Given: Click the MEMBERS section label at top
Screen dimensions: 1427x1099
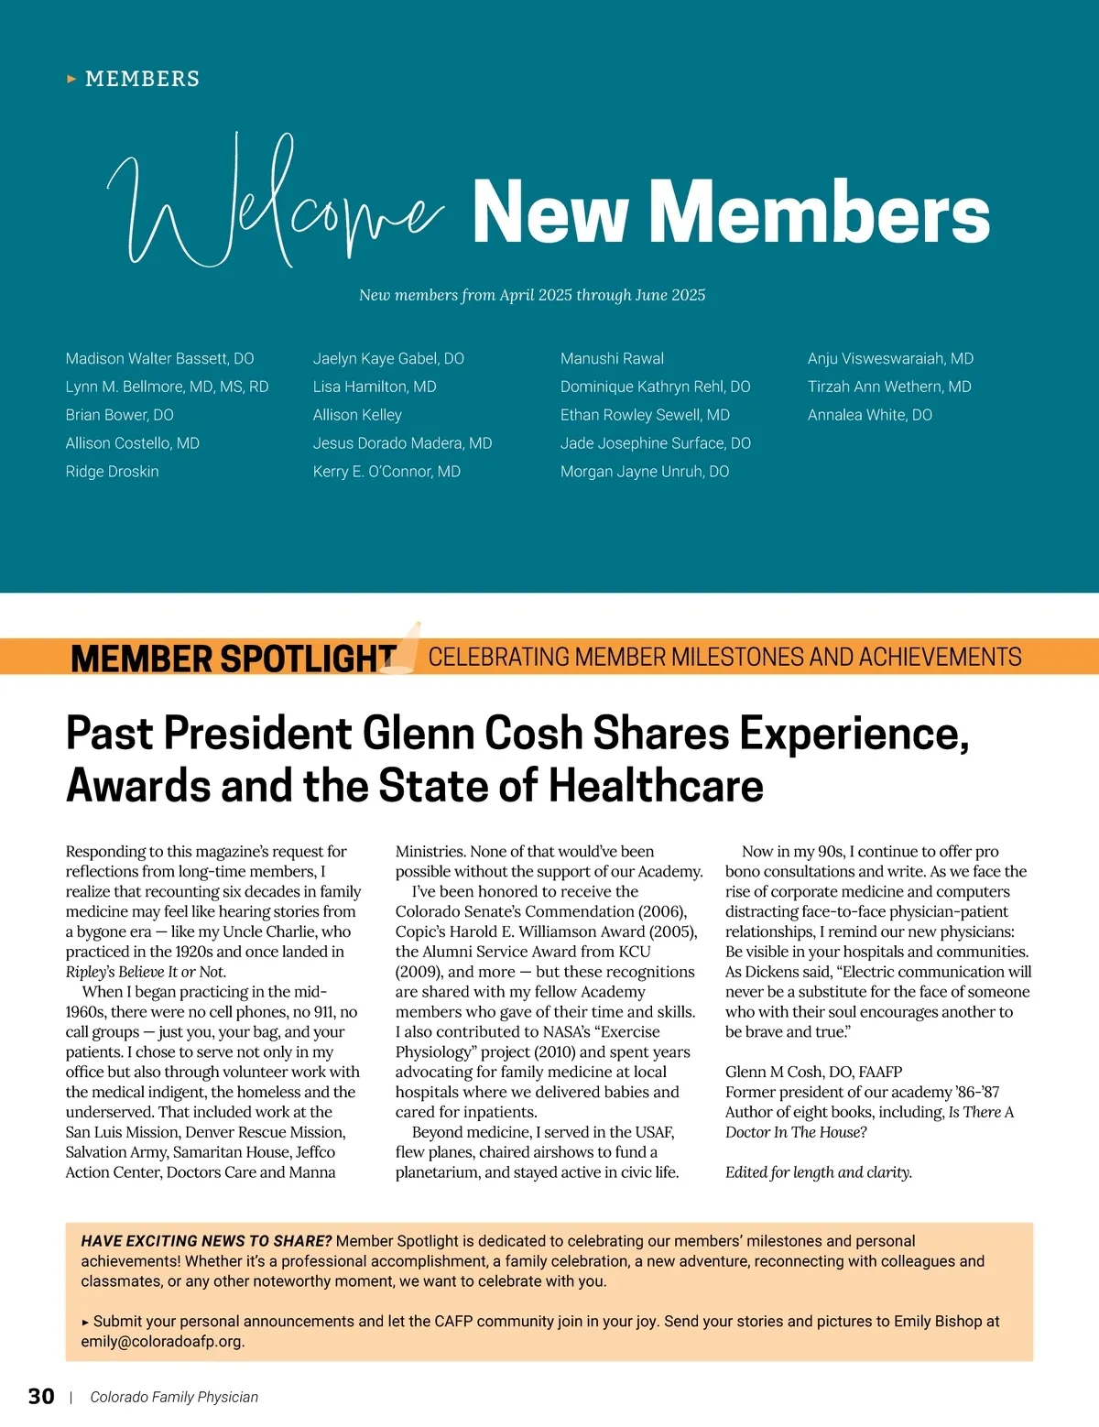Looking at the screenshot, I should pos(142,79).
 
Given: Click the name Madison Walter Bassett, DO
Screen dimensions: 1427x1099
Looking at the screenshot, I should pos(159,358).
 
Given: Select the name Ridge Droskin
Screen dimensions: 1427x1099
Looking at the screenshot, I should pos(112,472).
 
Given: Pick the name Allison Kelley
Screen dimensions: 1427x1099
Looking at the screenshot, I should pos(357,415).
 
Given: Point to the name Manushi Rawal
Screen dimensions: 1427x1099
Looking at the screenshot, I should pos(612,358).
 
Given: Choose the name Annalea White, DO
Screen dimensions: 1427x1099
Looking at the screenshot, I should pos(869,415).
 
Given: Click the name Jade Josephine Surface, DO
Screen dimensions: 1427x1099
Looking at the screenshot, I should pos(655,443).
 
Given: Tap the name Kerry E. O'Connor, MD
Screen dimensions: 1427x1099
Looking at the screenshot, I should pos(386,472).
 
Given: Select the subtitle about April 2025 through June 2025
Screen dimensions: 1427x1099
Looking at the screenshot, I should pos(532,295).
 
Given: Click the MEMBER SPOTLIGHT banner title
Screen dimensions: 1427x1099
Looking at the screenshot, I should pos(233,658).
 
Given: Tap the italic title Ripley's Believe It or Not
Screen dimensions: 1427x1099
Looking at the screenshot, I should pos(146,972).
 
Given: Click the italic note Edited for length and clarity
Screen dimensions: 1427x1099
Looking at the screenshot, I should pos(818,1172).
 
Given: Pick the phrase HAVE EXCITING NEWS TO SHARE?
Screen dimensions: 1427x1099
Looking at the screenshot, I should pos(206,1241).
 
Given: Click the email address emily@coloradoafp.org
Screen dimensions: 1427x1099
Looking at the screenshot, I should pos(162,1342).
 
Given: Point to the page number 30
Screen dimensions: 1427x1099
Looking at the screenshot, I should pos(41,1397).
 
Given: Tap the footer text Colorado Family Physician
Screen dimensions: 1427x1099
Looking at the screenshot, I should pos(174,1397).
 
